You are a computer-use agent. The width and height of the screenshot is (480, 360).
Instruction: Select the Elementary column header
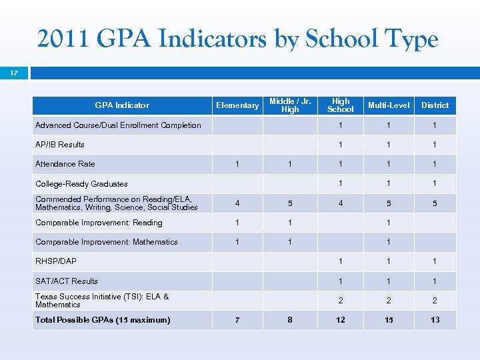tap(237, 105)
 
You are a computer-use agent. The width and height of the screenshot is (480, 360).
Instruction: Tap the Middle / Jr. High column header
tap(290, 105)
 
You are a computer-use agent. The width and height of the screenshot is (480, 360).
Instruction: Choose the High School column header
tap(341, 105)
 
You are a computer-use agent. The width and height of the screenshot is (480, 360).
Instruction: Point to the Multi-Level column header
tap(389, 105)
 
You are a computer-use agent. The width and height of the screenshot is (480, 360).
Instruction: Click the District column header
tap(435, 105)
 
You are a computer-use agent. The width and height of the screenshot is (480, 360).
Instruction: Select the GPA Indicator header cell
tap(122, 105)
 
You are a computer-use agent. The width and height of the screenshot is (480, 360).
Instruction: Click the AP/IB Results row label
tap(60, 145)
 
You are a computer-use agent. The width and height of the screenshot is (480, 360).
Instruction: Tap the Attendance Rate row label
tap(65, 164)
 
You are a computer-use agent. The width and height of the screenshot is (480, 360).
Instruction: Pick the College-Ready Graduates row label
tap(81, 184)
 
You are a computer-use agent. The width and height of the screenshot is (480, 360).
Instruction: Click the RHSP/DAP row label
tap(56, 261)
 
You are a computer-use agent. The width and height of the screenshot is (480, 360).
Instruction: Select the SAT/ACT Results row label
tap(67, 281)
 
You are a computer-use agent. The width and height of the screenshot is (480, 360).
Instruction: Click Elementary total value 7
tap(237, 320)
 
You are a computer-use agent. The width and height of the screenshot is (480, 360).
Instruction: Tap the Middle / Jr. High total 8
tap(290, 320)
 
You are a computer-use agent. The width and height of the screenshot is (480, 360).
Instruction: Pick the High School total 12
tap(341, 320)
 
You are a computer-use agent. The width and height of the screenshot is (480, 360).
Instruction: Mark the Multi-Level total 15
tap(389, 320)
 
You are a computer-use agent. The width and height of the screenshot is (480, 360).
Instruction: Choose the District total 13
tap(435, 320)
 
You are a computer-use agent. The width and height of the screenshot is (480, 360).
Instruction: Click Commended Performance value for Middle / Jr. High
tap(290, 203)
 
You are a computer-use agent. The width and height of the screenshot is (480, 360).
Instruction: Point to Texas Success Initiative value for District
tap(435, 301)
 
